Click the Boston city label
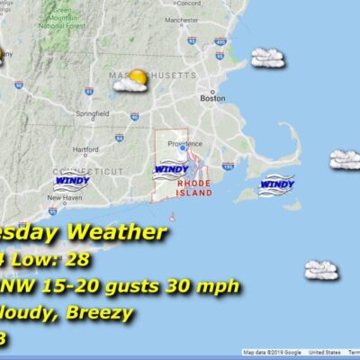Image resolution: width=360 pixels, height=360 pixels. tap(212, 98)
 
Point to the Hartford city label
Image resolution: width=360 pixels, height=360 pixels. tap(85, 149)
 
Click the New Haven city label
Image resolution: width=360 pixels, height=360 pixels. tap(66, 197)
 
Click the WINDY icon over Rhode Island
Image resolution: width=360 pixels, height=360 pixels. tap(170, 169)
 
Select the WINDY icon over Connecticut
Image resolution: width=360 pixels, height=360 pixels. tap(72, 180)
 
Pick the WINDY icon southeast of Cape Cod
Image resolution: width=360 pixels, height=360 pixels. tap(276, 184)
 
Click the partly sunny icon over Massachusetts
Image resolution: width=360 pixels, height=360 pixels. tap(136, 79)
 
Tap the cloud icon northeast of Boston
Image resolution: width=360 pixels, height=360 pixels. tap(267, 58)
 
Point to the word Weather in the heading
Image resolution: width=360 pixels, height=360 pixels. tap(120, 233)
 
